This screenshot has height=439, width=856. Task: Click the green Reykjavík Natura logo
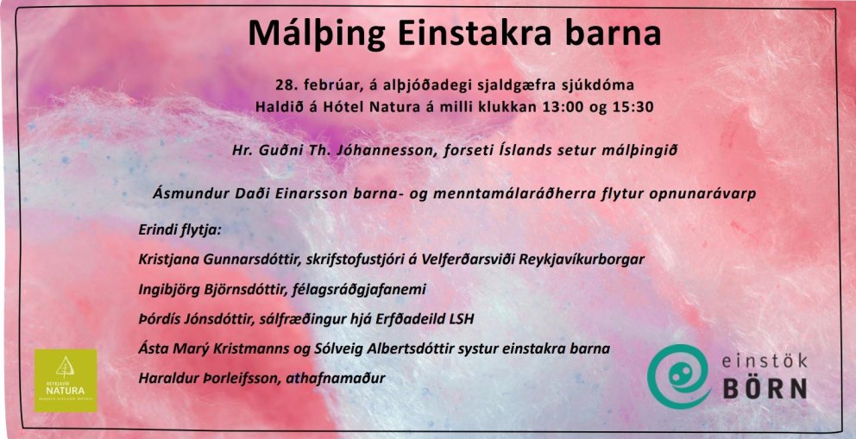point(65,379)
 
